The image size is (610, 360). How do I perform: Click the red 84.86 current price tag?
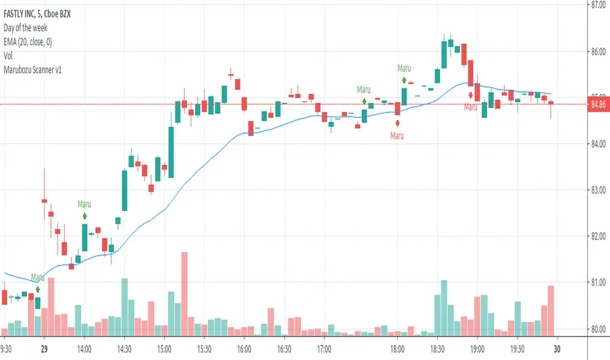[x=596, y=103]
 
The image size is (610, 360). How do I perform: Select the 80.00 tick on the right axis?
[x=596, y=329]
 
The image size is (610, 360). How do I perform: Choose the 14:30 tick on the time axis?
[x=124, y=349]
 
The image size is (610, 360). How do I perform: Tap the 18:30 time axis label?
[x=437, y=349]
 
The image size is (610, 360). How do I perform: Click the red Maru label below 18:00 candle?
[x=397, y=136]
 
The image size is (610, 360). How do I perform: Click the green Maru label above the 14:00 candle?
[x=83, y=204]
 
